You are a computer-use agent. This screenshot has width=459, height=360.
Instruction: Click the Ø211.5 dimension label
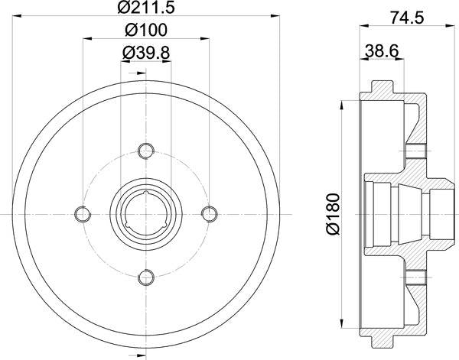click(x=145, y=10)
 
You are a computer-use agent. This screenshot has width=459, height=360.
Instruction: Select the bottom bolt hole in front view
click(x=145, y=276)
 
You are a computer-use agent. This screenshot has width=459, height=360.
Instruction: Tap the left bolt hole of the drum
click(x=82, y=212)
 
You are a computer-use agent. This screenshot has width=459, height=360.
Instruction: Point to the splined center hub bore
click(x=145, y=212)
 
